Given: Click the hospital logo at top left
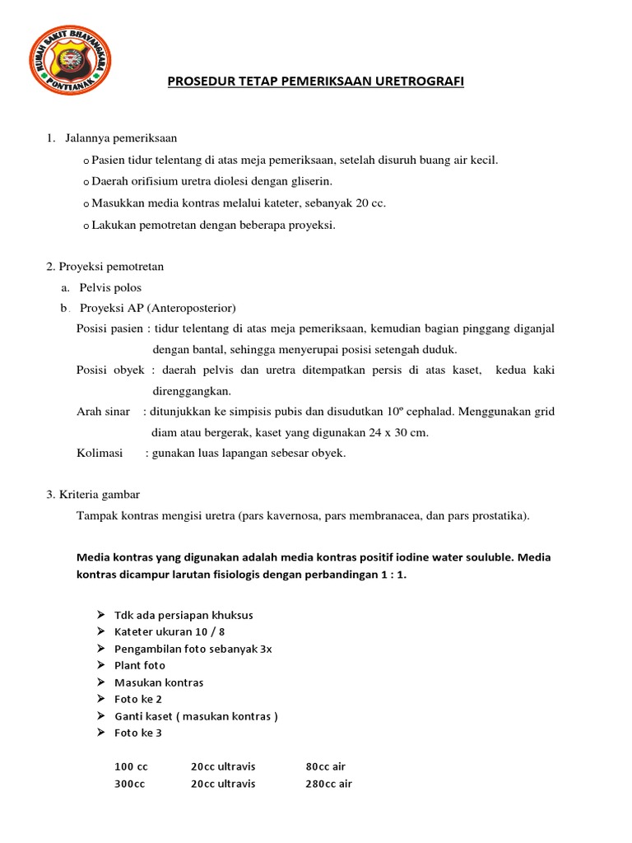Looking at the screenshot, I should [x=70, y=60].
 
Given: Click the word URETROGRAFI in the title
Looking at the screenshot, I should [x=421, y=82].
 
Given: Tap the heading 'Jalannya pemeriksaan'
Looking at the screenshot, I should [x=121, y=137].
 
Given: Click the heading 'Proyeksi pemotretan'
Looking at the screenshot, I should [x=111, y=266].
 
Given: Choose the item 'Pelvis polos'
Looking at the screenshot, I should [x=110, y=287].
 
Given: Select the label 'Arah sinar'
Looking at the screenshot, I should [x=103, y=412].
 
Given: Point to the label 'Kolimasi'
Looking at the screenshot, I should [x=100, y=454].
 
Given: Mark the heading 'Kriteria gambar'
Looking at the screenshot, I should [x=99, y=495].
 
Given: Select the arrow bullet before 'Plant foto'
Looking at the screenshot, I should [x=100, y=665].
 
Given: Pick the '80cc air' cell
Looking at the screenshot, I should [x=325, y=766].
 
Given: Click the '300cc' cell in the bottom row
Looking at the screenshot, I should [x=129, y=784].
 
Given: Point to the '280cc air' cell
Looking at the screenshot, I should [x=328, y=784].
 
